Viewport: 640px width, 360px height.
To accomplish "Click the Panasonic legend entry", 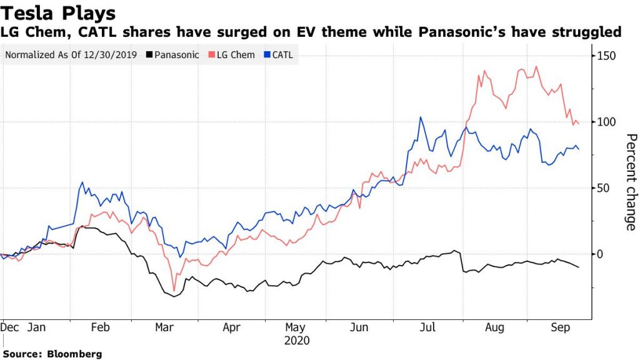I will (x=172, y=55).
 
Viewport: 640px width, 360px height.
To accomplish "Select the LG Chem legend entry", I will (x=234, y=55).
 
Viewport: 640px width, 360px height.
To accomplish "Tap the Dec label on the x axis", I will (x=10, y=327).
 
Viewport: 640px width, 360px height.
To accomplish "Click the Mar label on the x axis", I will (x=164, y=327).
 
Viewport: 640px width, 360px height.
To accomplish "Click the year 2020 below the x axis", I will (x=296, y=341).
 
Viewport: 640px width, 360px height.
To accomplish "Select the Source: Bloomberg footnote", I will (x=52, y=354).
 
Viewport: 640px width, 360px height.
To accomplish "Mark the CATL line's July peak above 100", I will (x=420, y=117).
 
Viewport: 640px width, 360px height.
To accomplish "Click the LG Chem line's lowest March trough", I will (x=174, y=290).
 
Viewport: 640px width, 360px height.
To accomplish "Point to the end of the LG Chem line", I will (x=579, y=124).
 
